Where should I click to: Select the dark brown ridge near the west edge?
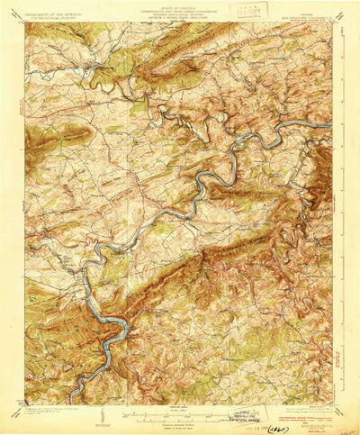point(45,135)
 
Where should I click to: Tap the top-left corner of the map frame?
point(25,23)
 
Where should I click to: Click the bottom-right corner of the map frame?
point(332,403)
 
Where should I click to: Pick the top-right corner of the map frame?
point(332,23)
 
